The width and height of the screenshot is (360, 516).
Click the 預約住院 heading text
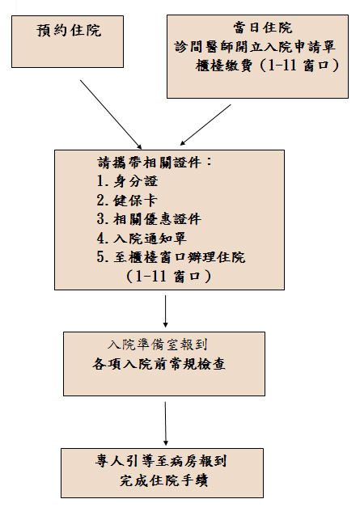point(69,31)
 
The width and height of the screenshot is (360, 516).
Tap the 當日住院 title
point(263,27)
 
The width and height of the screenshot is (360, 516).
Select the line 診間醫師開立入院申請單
point(255,47)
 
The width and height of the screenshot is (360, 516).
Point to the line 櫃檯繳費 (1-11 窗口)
point(267,66)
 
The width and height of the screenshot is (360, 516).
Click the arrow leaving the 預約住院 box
point(111,115)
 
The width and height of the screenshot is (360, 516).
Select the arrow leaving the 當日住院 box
point(205,125)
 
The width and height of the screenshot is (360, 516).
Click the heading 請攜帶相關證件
point(155,163)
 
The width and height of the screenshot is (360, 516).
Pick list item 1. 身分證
point(127,181)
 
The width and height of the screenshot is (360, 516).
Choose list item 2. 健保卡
point(127,201)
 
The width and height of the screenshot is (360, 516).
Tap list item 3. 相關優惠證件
point(149,219)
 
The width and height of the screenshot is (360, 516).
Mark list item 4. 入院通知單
point(142,239)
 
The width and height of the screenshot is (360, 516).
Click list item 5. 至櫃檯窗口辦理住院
point(171,257)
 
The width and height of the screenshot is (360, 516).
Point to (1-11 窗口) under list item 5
point(168,276)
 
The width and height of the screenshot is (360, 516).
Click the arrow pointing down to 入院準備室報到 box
point(165,311)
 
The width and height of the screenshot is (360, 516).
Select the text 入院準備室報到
point(157,345)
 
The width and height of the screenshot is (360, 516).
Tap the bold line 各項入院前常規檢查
point(159,364)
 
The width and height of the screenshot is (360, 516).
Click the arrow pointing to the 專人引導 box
point(165,424)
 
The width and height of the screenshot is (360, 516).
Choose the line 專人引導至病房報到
point(161,461)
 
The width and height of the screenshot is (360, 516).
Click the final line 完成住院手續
point(163,480)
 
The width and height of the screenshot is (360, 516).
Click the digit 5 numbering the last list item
point(100,257)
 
